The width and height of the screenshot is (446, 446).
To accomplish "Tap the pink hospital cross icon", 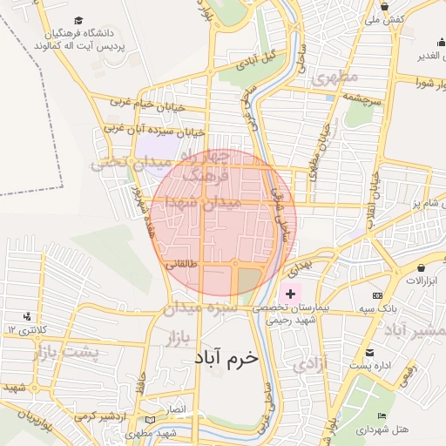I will tap(290, 294).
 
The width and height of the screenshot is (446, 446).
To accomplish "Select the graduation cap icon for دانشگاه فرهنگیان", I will tap(78, 19).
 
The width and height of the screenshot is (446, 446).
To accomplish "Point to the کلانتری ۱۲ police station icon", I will tap(28, 316).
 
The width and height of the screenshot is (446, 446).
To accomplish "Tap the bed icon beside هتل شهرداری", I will tap(382, 416).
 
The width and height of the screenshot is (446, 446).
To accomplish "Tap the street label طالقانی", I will tap(183, 262).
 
